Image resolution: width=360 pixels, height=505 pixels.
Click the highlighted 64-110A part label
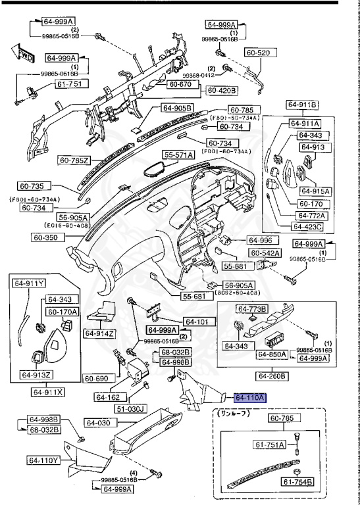click(x=250, y=398)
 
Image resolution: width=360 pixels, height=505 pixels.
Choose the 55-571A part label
click(x=179, y=155)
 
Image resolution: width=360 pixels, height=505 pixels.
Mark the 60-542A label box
click(x=265, y=252)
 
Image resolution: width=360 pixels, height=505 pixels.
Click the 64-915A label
click(x=315, y=191)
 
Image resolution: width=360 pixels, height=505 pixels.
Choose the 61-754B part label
click(x=299, y=482)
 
